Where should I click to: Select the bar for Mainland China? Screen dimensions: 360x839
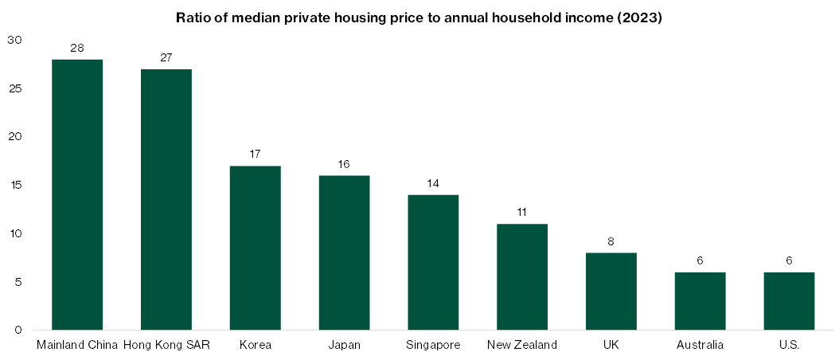(77, 194)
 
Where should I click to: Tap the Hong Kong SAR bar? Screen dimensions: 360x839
(166, 199)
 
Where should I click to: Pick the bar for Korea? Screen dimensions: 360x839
(256, 248)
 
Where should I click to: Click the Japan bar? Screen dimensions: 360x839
(345, 252)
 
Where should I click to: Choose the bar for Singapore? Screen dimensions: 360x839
(433, 262)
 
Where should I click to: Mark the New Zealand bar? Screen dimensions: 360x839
(522, 277)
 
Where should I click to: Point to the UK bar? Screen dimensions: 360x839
(611, 292)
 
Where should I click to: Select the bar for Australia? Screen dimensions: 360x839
(700, 301)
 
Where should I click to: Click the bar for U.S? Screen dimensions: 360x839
(790, 301)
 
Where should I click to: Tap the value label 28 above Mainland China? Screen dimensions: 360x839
(77, 48)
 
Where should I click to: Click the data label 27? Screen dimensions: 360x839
(166, 57)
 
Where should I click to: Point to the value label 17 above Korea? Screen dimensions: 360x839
(256, 154)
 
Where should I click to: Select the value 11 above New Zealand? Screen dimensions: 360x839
(522, 212)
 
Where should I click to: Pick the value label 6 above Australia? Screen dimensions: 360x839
(700, 260)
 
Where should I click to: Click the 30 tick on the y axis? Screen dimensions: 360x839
(16, 40)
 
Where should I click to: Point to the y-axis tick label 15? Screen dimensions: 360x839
(16, 185)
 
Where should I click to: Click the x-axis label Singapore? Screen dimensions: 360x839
(433, 345)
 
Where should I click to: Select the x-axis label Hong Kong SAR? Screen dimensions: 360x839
(166, 345)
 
